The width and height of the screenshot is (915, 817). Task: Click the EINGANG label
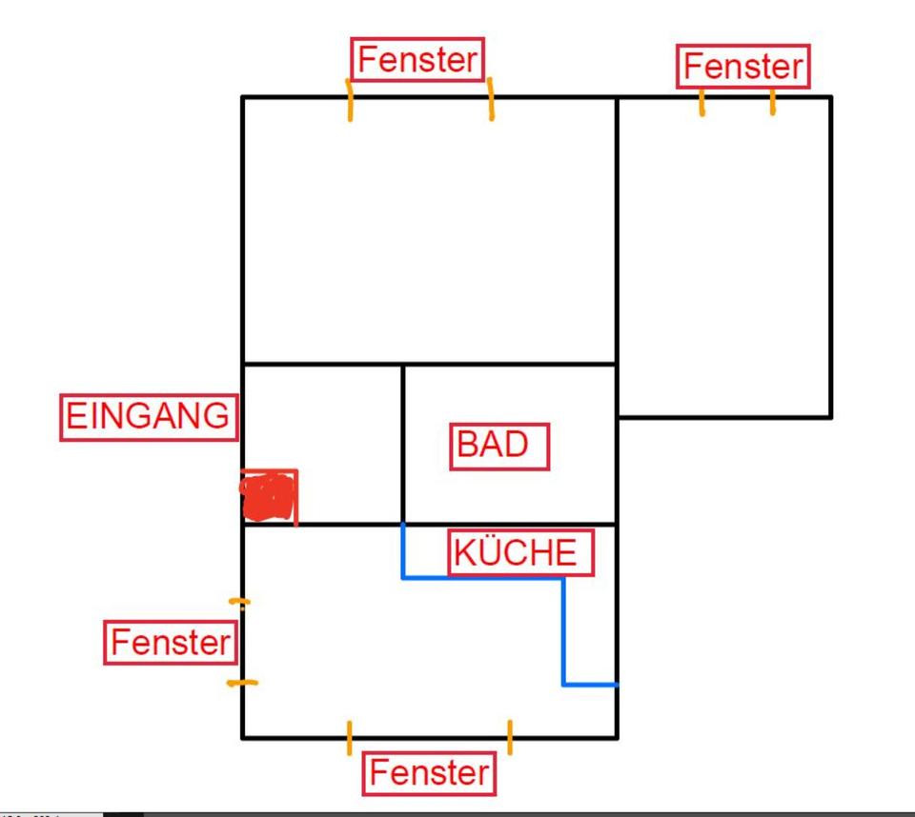tap(149, 416)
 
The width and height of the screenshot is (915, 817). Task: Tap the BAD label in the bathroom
tap(499, 446)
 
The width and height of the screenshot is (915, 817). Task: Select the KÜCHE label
tap(521, 553)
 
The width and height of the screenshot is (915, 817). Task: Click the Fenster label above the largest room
tap(417, 60)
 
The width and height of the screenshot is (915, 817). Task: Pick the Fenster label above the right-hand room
tap(744, 67)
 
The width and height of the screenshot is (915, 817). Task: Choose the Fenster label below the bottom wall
tap(430, 772)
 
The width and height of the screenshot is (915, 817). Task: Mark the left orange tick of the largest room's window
tap(350, 100)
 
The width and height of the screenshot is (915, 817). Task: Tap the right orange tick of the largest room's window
tap(491, 100)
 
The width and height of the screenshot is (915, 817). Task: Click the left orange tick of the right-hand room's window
tap(702, 102)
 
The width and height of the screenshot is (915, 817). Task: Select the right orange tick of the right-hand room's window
tap(772, 102)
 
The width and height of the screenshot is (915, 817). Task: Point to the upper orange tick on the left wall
tap(240, 602)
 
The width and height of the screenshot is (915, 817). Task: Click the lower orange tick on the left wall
tap(242, 683)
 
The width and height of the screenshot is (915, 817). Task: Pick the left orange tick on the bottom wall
tap(350, 737)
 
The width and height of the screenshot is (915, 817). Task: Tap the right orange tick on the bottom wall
tap(510, 737)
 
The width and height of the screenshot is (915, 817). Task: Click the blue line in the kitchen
tap(563, 628)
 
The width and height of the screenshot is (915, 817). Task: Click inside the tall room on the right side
tap(724, 257)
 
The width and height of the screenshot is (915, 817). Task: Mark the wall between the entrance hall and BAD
tap(403, 444)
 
